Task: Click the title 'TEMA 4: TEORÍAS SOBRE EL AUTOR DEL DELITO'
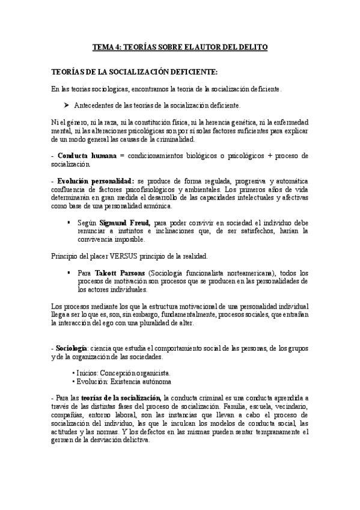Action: [180, 46]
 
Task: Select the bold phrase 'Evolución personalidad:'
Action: [96, 182]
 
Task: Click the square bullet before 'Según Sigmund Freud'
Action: [70, 222]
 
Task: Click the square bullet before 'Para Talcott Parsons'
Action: [70, 272]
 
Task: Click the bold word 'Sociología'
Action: [72, 349]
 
